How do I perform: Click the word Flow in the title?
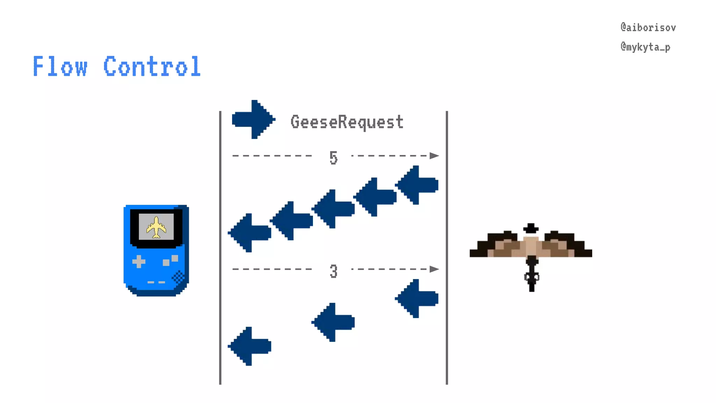click(x=60, y=66)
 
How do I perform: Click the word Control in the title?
click(x=152, y=66)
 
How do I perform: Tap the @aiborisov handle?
click(x=648, y=28)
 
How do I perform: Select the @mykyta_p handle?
click(x=645, y=47)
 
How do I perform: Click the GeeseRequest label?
click(x=347, y=122)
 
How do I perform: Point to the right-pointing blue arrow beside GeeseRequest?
click(x=253, y=120)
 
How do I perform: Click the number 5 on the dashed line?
click(x=333, y=157)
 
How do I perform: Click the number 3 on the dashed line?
click(x=333, y=271)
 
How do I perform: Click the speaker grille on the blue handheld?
click(x=178, y=277)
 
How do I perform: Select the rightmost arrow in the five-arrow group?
click(x=417, y=185)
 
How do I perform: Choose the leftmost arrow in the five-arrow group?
click(x=249, y=233)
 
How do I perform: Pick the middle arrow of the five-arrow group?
click(x=333, y=209)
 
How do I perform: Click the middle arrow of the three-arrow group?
click(x=333, y=322)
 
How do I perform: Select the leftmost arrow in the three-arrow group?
click(x=249, y=346)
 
